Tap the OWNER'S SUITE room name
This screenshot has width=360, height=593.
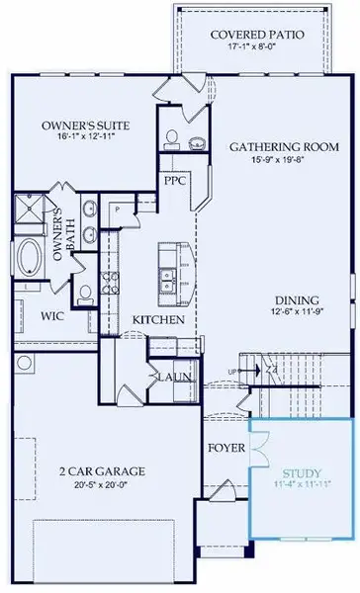(74, 126)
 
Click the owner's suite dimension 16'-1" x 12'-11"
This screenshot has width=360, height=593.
(74, 138)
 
